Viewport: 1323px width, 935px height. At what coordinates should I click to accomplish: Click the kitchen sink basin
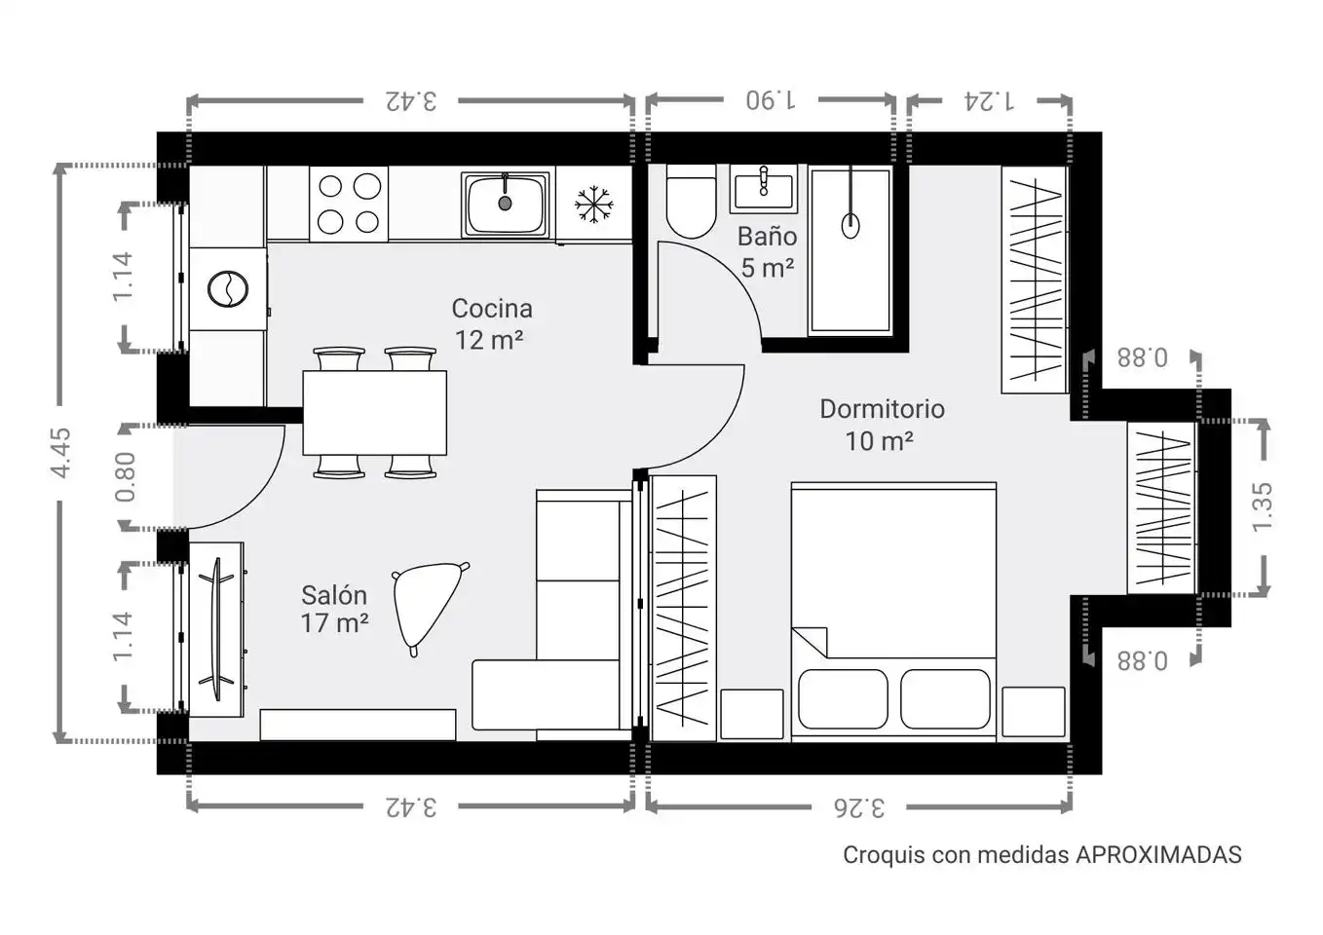[505, 205]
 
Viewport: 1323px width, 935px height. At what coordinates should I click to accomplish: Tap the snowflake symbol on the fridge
[593, 205]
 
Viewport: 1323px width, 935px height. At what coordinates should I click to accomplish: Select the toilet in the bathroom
[691, 201]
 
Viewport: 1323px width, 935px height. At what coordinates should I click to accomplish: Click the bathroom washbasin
[764, 189]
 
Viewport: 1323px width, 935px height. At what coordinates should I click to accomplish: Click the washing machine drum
[228, 289]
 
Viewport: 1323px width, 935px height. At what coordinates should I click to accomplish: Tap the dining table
[374, 413]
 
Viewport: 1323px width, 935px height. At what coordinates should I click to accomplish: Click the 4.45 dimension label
[60, 453]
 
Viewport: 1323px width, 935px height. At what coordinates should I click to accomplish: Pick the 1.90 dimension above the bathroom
[771, 100]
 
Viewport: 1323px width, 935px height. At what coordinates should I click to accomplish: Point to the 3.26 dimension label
[859, 807]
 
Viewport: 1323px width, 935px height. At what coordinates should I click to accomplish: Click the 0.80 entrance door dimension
[126, 477]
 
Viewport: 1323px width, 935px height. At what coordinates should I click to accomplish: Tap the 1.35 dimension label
[1263, 507]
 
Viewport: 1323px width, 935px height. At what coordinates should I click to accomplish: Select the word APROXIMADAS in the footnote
[1158, 855]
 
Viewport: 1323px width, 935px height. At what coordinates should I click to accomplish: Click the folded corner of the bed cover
[810, 642]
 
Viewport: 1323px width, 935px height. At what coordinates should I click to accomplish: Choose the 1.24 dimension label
[989, 101]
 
